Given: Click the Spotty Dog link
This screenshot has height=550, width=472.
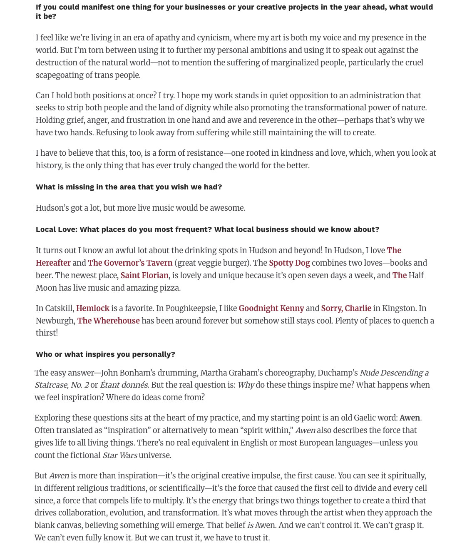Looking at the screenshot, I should (289, 263).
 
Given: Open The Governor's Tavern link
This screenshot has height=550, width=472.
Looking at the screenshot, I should (130, 263).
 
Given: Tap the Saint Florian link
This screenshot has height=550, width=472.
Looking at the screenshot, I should (144, 276).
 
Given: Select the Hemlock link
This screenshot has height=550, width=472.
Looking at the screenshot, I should (93, 309).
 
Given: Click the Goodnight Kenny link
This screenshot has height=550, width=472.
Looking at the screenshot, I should (271, 309).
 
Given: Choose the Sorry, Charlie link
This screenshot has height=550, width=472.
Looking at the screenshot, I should (346, 309).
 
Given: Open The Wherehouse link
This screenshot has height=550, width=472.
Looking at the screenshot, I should (109, 321).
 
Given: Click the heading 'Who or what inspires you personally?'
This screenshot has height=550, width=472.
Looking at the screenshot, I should (105, 354).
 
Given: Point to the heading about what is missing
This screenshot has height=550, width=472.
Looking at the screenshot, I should (129, 187).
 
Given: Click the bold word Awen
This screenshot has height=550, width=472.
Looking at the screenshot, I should (410, 418).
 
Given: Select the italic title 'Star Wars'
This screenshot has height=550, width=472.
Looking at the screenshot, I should (120, 455).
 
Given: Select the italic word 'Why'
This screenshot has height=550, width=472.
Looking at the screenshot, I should (246, 385).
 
